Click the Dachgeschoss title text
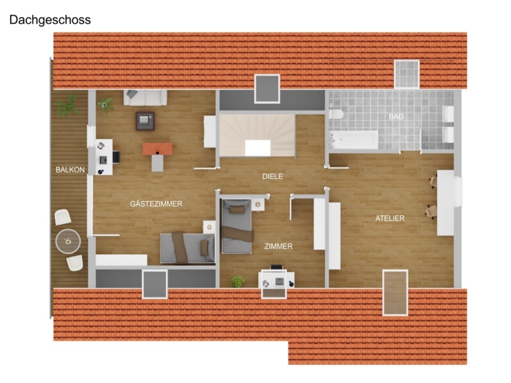pos(50,20)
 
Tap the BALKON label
pos(70,170)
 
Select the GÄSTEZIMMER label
pos(156,204)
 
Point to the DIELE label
pos(273,176)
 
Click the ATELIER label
pos(389,218)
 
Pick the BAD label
pos(396,116)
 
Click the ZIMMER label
pos(278,246)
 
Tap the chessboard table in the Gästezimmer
pos(145,121)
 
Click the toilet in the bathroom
pos(336,114)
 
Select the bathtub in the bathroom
pos(353,140)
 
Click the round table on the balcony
pos(68,241)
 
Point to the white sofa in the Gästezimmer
pos(145,98)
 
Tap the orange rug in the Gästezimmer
pos(157,149)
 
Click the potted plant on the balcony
pos(68,105)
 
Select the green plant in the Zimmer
pos(238,281)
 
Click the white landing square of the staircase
pos(258,148)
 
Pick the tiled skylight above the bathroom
pos(407,74)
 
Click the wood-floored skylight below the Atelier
pos(395,292)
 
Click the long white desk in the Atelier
pos(446,203)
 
